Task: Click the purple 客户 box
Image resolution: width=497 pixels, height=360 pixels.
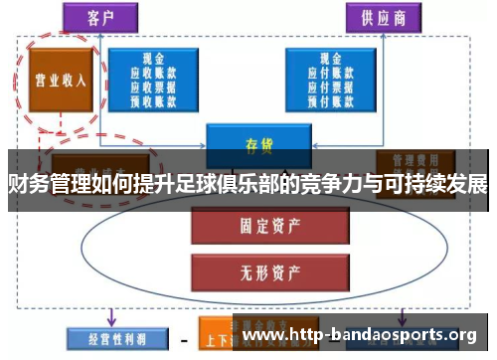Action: (100, 16)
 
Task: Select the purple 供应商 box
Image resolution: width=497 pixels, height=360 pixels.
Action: (383, 17)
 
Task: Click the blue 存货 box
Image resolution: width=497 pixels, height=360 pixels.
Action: (257, 143)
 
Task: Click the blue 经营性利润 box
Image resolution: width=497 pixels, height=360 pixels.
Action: (108, 336)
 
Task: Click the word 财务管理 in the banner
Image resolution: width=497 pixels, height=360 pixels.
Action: (41, 184)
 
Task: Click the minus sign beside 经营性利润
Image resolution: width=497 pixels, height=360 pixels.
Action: (182, 337)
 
